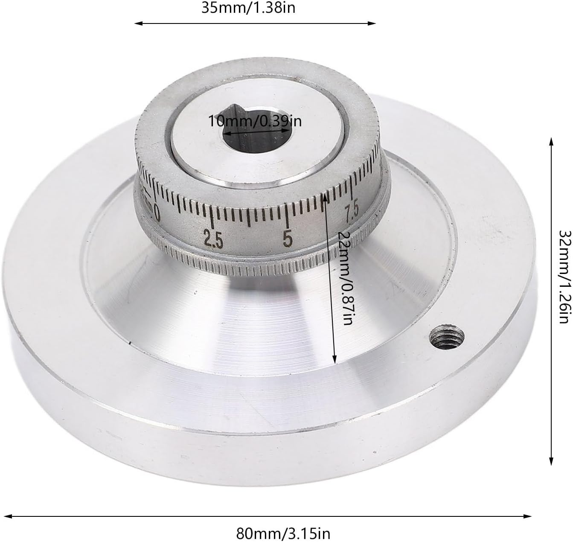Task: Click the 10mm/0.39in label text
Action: tap(255, 121)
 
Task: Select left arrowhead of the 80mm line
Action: tap(6, 516)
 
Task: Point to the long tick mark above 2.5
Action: tap(212, 218)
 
